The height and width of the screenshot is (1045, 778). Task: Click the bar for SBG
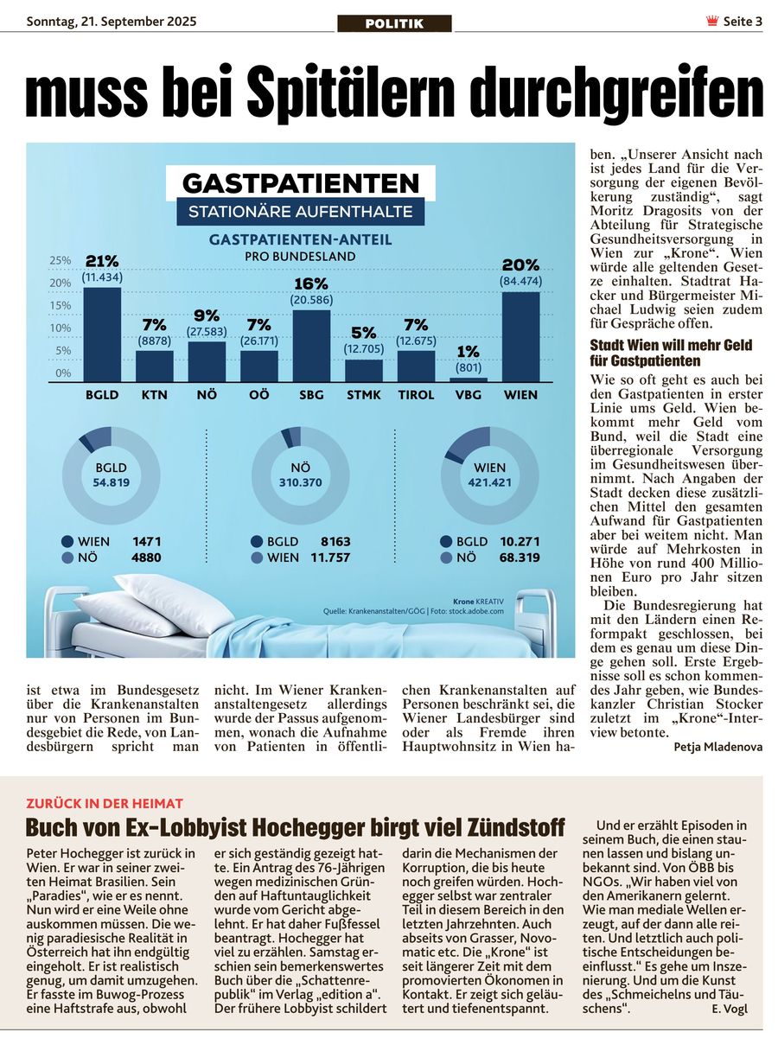tap(311, 346)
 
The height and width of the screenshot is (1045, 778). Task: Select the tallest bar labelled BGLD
tap(102, 335)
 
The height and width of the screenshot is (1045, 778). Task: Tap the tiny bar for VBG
tap(469, 379)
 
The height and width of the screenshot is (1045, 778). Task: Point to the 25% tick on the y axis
tap(61, 260)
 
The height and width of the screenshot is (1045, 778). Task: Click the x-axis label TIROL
tap(416, 395)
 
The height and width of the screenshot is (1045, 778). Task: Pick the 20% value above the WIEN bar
tap(520, 265)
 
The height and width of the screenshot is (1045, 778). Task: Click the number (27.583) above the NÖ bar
tap(207, 332)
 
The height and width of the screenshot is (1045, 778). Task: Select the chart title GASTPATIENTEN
tap(301, 183)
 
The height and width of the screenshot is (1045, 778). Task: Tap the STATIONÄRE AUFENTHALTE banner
tap(301, 212)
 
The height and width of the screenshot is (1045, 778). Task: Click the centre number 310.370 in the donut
tap(301, 482)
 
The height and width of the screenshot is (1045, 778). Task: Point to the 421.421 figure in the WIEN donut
tap(489, 482)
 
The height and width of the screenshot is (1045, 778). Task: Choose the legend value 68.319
tap(520, 558)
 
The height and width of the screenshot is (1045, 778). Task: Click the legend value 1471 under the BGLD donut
tap(147, 542)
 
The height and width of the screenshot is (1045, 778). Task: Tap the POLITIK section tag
tap(394, 23)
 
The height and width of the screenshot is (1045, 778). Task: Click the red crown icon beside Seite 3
tap(711, 21)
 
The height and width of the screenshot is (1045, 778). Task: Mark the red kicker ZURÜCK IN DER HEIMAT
tap(105, 803)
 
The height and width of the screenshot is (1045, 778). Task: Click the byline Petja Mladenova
tap(717, 747)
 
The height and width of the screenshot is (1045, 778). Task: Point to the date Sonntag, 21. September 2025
tap(112, 22)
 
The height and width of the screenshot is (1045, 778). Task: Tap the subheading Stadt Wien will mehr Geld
tap(671, 346)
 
